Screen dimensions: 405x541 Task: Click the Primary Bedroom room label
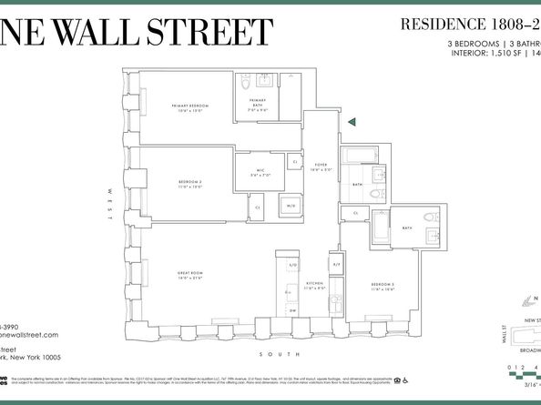pyautogui.click(x=190, y=107)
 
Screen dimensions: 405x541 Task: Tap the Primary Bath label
pyautogui.click(x=258, y=103)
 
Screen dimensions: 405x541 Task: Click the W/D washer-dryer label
pyautogui.click(x=290, y=207)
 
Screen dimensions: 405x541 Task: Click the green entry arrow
pyautogui.click(x=352, y=120)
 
